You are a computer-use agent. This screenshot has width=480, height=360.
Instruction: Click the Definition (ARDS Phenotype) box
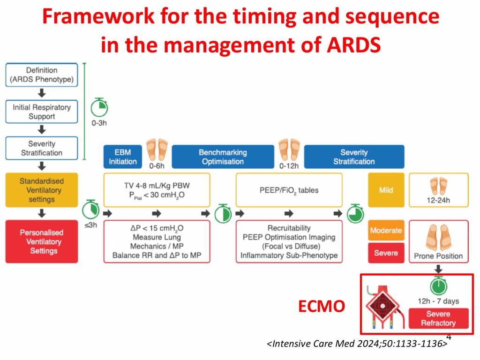coord(42,75)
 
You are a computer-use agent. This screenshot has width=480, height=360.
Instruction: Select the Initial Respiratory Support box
coord(42,112)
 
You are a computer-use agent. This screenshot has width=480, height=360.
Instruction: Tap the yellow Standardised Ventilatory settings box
coord(42,190)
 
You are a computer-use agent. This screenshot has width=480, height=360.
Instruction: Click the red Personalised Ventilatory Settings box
coord(42,241)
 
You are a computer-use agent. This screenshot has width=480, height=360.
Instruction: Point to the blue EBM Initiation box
coord(123,157)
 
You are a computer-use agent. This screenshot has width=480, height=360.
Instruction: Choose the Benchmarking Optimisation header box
coord(223,157)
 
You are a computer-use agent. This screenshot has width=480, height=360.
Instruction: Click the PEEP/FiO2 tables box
coord(289,190)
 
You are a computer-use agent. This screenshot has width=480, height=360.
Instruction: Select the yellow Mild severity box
coord(386,190)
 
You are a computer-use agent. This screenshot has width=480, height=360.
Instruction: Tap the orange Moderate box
coord(386,231)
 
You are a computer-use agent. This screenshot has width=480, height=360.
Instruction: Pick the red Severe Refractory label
coord(438,318)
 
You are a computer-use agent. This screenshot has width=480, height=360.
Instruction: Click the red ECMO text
coord(322,307)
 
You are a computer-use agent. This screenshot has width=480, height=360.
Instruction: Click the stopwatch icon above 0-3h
coord(99,108)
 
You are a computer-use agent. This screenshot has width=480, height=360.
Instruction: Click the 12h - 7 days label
coord(438,301)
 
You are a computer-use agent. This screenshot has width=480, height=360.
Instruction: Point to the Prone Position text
coord(438,256)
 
